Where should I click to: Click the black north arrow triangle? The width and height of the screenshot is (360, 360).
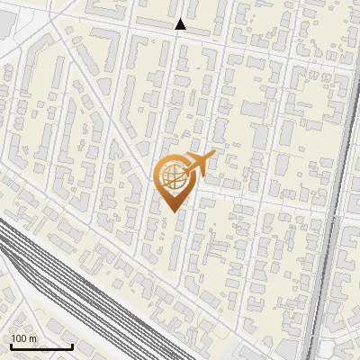(x=181, y=24)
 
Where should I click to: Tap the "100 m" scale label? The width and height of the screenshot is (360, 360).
(x=24, y=338)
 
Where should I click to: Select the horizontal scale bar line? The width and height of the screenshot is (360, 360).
(x=41, y=347)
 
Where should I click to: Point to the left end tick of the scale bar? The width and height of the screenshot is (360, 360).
(x=11, y=346)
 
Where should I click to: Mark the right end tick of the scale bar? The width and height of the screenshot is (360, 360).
(x=72, y=346)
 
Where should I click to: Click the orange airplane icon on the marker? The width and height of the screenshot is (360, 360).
(x=196, y=165)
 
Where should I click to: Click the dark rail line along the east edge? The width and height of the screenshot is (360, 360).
(x=335, y=225)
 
